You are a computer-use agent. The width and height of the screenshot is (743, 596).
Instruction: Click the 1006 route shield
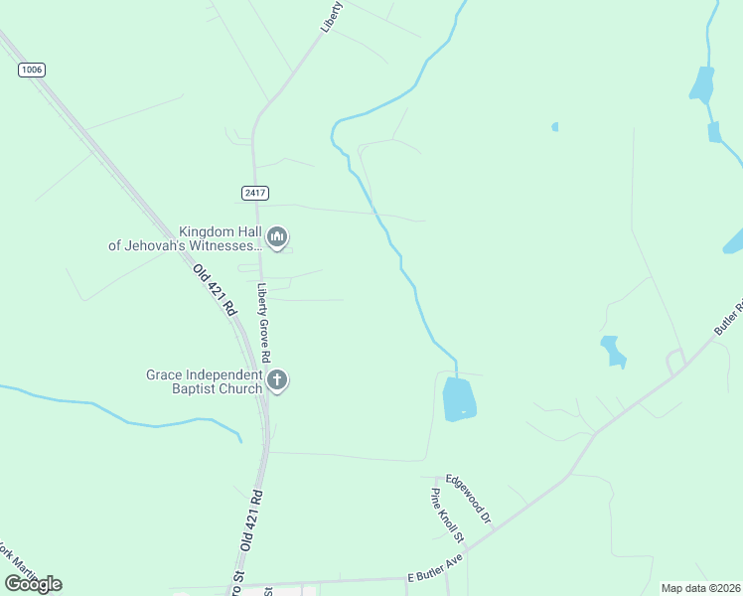[x=32, y=70]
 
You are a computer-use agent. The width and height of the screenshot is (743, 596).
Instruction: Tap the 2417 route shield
[x=254, y=193]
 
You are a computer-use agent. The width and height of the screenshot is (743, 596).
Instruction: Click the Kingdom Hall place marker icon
[x=277, y=236]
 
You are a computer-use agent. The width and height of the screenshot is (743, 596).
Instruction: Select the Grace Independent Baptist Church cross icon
[x=277, y=380]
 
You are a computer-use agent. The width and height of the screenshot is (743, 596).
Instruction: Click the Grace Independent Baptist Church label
[x=205, y=380]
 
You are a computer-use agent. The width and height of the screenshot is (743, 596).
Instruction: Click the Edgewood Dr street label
[x=469, y=498]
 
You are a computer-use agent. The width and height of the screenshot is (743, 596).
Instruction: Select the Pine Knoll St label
[x=448, y=516]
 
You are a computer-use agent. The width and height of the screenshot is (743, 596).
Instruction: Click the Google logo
[x=33, y=583]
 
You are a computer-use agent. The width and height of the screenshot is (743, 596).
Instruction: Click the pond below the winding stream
[x=459, y=398]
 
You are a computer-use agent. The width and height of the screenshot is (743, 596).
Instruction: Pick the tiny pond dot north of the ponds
[x=554, y=127]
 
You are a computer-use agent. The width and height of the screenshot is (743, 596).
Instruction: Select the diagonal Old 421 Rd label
[x=215, y=290]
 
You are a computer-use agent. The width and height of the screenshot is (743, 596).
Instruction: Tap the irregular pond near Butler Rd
[x=613, y=351]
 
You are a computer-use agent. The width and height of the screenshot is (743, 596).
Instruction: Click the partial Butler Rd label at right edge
[x=728, y=317]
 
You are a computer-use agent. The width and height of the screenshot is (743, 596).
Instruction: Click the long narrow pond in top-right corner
[x=701, y=85]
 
